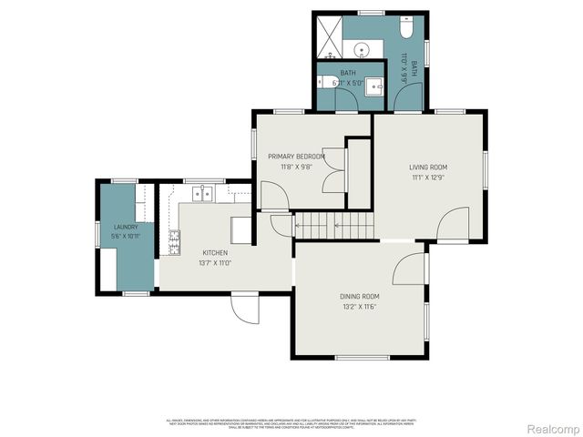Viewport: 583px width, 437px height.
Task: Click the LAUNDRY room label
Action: (x=125, y=227)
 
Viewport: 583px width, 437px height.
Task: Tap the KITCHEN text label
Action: (x=215, y=252)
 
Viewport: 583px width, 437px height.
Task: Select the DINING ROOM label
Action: (x=359, y=297)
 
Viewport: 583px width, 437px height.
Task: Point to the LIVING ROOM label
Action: (x=427, y=167)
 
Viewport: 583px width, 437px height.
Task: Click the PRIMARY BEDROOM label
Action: (x=296, y=157)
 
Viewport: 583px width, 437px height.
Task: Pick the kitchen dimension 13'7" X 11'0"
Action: (x=215, y=263)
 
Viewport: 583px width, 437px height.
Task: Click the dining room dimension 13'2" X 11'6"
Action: (x=359, y=308)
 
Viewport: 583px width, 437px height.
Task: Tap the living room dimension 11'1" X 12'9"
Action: (x=427, y=178)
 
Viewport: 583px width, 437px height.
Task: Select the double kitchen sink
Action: (x=203, y=192)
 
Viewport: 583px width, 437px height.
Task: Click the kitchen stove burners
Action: (x=174, y=240)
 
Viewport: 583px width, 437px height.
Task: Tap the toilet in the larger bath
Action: (x=407, y=29)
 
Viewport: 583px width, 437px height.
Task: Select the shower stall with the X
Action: (x=329, y=34)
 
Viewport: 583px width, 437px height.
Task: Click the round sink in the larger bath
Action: (x=361, y=49)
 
